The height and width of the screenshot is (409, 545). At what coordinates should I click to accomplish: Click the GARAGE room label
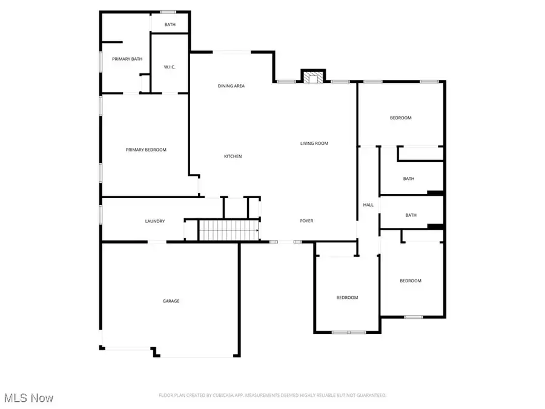point(171,301)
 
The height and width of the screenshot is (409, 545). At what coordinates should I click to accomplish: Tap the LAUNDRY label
point(155,221)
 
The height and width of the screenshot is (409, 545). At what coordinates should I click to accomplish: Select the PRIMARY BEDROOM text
point(146,150)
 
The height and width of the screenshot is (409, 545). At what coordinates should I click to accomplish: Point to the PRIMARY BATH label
point(127,59)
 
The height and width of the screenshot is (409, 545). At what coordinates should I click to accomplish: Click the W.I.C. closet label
point(170,67)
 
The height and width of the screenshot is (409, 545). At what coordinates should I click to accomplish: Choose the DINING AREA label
point(231,86)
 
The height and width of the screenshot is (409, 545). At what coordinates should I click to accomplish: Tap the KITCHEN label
point(233,156)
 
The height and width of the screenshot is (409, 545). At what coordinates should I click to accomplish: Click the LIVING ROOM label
point(314,144)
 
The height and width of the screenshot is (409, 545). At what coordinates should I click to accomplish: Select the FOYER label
point(307,221)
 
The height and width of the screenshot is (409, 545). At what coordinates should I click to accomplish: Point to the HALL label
point(368,205)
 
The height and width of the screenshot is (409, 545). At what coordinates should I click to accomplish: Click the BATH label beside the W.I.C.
point(170,25)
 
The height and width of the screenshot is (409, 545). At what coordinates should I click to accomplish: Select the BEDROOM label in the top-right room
point(400,118)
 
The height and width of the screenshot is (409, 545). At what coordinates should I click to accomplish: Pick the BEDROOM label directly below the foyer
point(348,298)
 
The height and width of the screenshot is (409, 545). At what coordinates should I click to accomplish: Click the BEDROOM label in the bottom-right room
point(410,281)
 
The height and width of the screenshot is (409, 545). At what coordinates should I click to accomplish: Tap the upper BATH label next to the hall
point(409,179)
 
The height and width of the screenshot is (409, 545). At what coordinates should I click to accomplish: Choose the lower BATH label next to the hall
point(411,215)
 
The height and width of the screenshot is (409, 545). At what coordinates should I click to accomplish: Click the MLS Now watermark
point(28,398)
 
